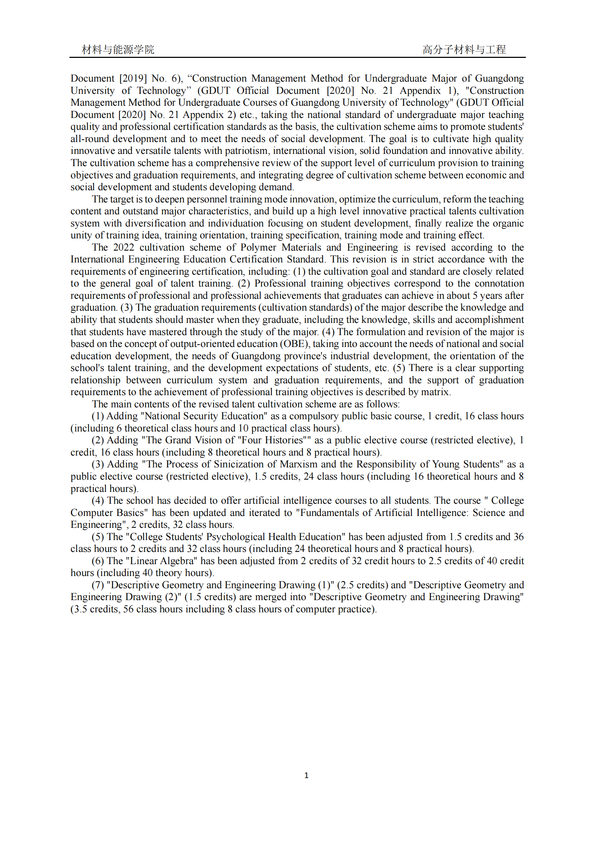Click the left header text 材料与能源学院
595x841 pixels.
pyautogui.click(x=118, y=50)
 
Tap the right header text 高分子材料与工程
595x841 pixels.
pyautogui.click(x=464, y=50)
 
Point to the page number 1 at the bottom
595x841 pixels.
pyautogui.click(x=306, y=775)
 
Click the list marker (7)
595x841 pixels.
pyautogui.click(x=98, y=585)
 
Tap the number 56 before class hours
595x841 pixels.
pyautogui.click(x=128, y=609)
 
